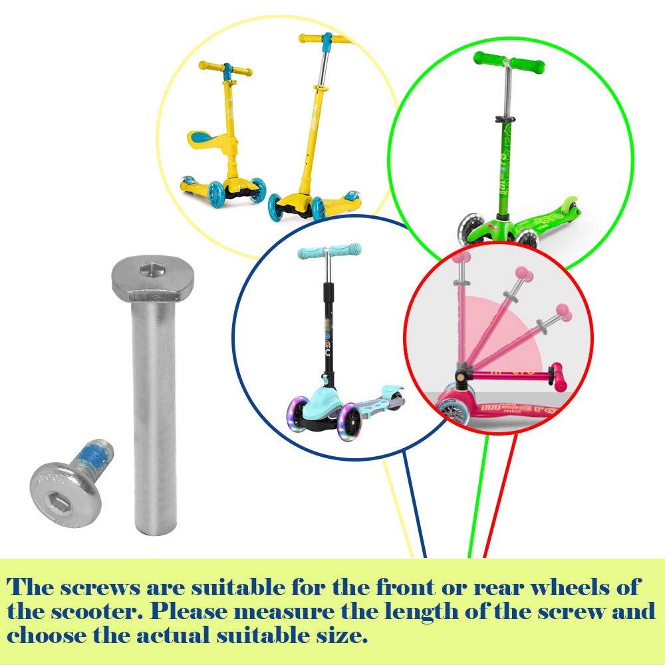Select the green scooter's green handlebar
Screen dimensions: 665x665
[508, 65]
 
